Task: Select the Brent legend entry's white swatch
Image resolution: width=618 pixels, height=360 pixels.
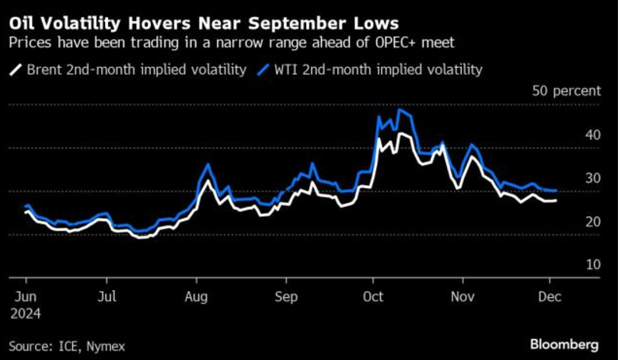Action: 15,70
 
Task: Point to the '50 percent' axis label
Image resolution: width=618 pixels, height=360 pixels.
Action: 566,91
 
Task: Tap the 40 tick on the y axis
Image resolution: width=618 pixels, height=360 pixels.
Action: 592,135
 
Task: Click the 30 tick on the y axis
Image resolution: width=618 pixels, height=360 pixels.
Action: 592,178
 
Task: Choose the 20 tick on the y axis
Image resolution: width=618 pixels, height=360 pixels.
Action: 592,222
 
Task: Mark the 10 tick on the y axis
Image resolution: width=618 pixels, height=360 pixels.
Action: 592,265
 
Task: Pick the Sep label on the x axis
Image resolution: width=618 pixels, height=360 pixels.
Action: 287,296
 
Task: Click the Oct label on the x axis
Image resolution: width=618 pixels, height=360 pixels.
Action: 373,296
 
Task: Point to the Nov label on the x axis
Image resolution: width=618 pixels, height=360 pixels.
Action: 463,296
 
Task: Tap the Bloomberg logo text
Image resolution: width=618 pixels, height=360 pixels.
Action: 564,344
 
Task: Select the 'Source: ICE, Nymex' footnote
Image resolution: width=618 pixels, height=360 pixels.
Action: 67,344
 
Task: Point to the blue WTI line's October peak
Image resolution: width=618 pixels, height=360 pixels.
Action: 400,110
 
